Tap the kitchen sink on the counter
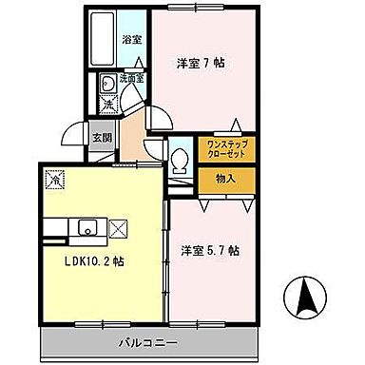87,227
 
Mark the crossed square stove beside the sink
118,227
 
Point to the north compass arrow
307,296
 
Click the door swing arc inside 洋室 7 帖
162,115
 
